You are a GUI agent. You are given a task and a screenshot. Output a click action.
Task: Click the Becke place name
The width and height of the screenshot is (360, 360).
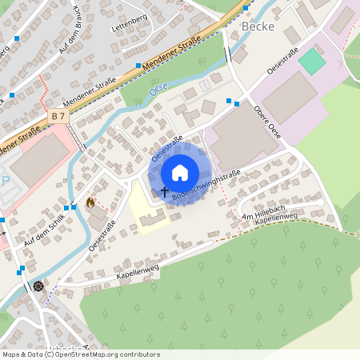coord(257,26)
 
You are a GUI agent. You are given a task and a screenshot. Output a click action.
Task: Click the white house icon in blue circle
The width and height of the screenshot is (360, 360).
coord(180,172)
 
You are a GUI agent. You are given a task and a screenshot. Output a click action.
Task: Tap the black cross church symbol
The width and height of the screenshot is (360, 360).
coord(165,192)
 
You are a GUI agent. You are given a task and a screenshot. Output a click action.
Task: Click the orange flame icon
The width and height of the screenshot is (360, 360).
coord(90,203)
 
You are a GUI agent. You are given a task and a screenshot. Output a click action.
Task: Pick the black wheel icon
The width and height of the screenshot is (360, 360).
coord(38,286)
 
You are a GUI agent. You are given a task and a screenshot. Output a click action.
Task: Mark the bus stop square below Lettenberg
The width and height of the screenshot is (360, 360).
coord(138,66)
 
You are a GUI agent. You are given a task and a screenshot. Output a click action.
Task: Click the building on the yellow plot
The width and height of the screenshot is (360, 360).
coord(155,216)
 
